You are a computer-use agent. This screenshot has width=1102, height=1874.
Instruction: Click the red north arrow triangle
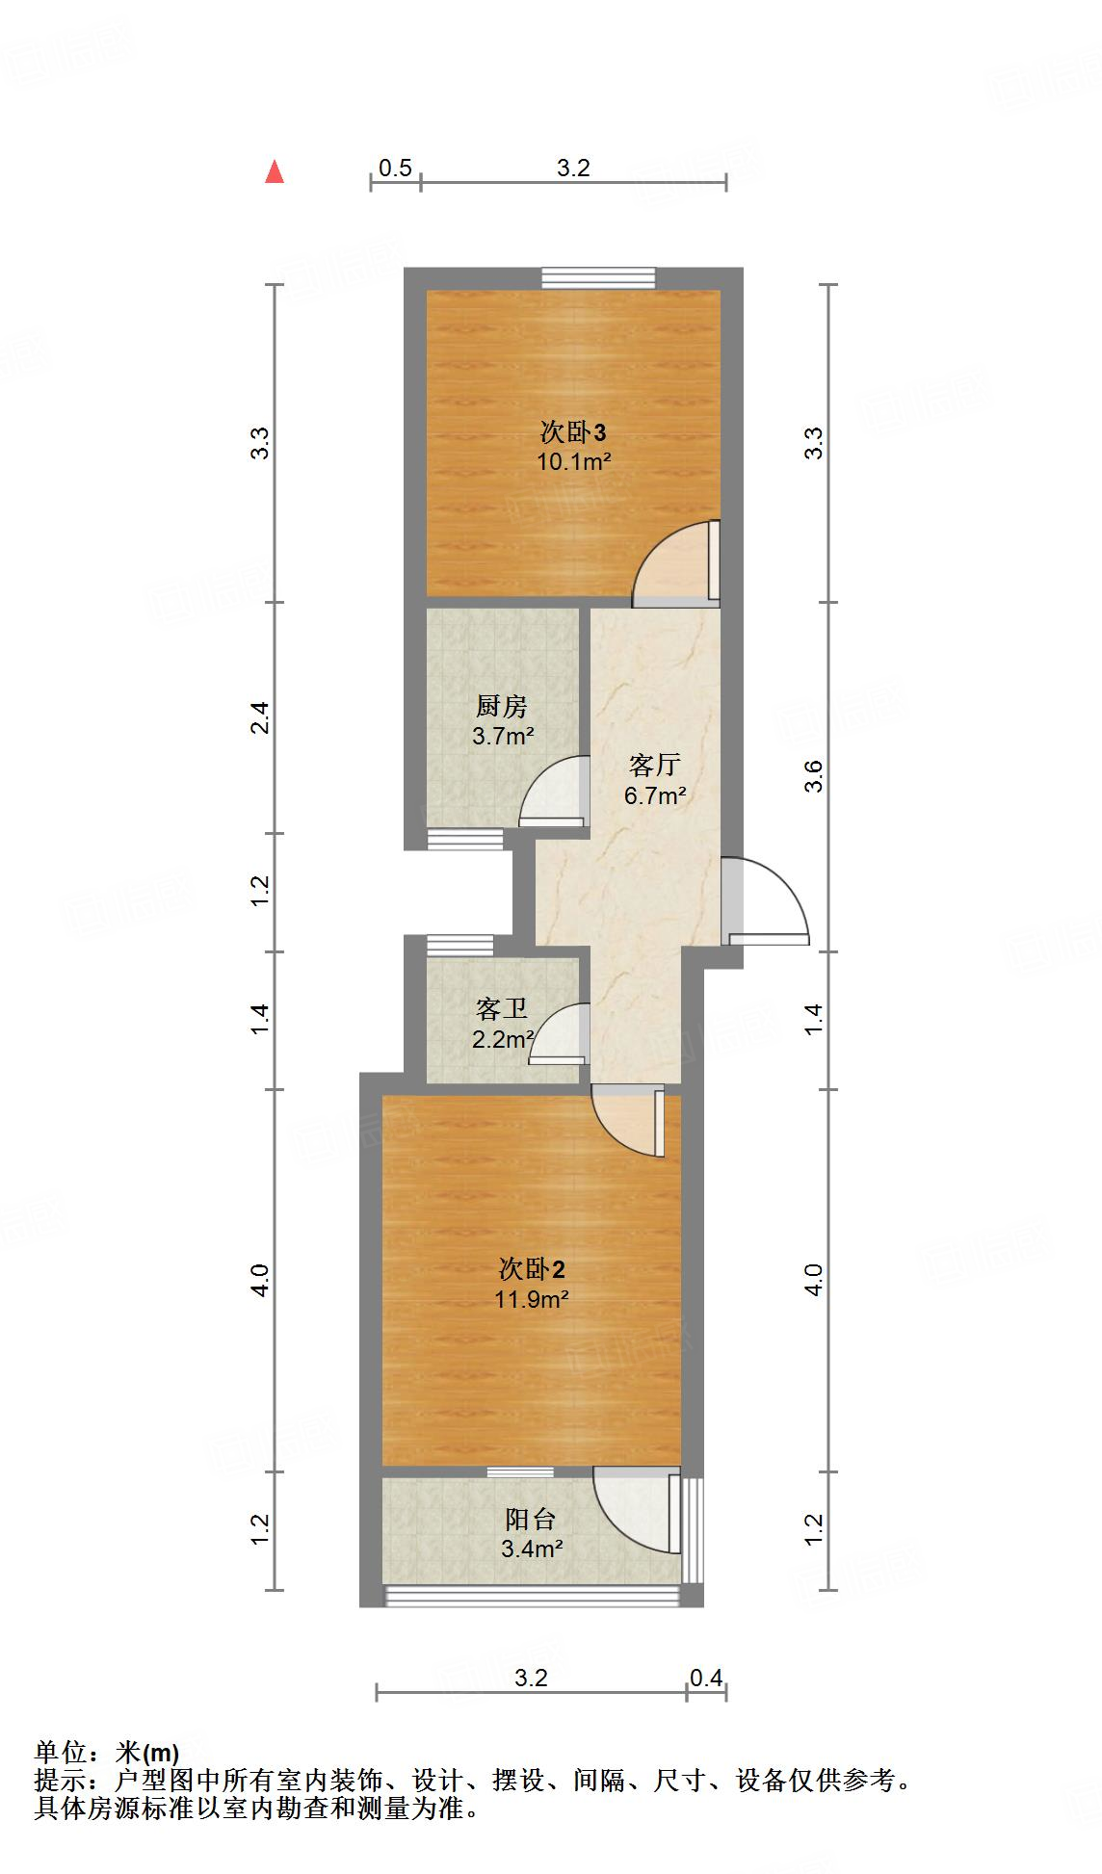275,171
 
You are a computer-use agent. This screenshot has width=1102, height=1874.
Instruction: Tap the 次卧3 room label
572,431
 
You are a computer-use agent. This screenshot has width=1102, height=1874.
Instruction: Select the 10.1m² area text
574,461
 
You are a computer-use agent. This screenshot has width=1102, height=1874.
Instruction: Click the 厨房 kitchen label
501,707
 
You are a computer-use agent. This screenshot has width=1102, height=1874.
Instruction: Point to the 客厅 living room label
654,766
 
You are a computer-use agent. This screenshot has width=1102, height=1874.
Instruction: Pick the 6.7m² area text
655,795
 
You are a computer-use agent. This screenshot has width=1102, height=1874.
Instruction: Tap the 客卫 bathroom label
501,1009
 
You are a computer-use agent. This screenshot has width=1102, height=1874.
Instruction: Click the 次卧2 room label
532,1268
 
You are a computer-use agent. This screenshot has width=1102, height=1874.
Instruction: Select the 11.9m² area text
532,1299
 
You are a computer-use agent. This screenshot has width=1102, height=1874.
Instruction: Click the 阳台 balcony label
531,1519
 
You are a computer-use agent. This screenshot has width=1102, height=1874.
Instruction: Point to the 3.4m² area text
532,1549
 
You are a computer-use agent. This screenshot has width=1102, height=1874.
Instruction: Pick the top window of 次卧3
598,277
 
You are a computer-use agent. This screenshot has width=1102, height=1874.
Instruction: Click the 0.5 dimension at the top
395,169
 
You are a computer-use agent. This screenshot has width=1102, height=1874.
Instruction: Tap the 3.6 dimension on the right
815,776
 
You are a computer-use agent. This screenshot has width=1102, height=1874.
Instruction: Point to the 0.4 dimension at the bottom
706,1679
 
